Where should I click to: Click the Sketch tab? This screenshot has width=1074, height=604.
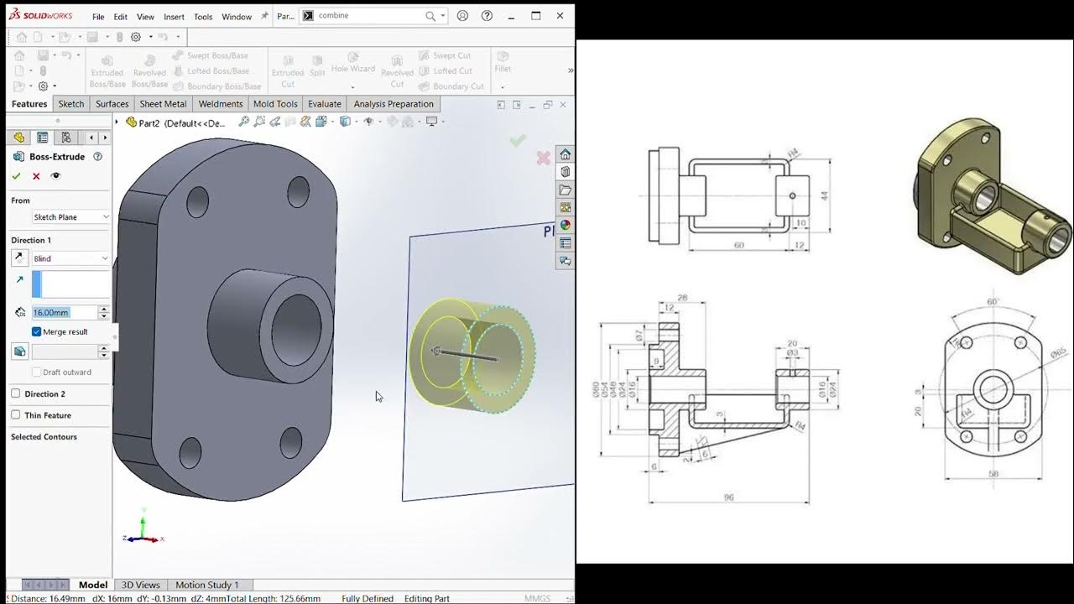coord(71,104)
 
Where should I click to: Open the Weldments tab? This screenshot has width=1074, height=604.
coord(220,104)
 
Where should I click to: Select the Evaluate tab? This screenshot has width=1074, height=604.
coord(324,104)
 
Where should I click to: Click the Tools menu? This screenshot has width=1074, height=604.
coord(203,17)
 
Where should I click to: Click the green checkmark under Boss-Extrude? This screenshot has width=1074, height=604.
coord(16,176)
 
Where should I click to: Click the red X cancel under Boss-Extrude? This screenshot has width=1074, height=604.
coord(36,176)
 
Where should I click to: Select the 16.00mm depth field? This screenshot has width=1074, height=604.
coord(64,312)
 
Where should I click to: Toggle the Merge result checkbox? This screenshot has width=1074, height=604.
coord(37,332)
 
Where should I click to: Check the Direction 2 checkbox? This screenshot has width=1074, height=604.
coord(16,393)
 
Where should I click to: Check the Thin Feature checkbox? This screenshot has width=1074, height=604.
coord(16,415)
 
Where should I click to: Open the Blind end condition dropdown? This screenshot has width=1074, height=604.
coord(70,258)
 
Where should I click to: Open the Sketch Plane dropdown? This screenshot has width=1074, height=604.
coord(70,217)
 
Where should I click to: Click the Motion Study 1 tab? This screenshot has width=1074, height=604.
coord(206,585)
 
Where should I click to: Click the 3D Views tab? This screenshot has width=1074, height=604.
coord(140,585)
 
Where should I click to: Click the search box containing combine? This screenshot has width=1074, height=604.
coord(365,16)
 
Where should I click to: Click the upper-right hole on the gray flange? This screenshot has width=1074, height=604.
coord(298,192)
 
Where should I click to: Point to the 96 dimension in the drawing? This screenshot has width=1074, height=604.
coord(728,497)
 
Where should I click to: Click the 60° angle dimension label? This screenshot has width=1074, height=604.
coord(993,301)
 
